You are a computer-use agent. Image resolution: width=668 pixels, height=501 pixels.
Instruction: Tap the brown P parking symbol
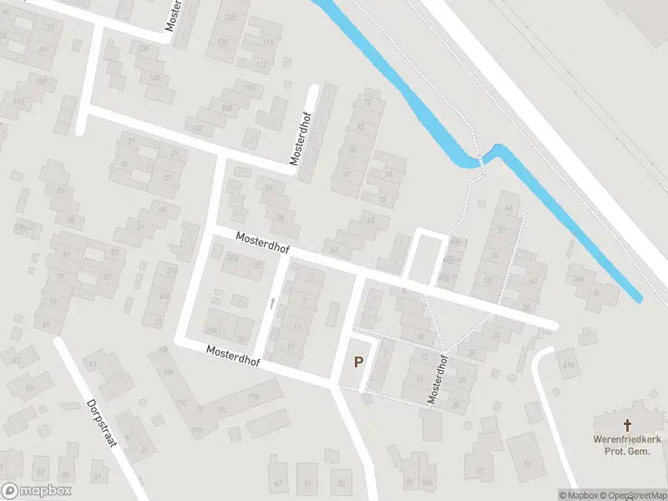point(359,362)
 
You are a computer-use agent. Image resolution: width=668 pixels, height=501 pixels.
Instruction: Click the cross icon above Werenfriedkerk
point(628,426)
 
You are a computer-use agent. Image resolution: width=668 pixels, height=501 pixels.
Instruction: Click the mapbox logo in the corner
point(37,491)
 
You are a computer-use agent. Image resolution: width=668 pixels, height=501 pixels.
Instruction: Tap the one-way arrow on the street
point(271,303)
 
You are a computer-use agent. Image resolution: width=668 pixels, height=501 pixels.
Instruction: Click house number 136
point(143,48)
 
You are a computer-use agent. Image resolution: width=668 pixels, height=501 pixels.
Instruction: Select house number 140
point(154,78)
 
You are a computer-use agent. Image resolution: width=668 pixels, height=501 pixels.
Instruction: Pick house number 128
point(230,17)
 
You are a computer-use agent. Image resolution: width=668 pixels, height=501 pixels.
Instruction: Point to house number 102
point(198,129)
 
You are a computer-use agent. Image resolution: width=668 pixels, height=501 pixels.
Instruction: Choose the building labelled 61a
point(569,365)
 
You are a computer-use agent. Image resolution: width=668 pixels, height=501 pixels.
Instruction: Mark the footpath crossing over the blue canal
point(482,158)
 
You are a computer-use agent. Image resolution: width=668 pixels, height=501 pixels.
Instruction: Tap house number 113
point(18,102)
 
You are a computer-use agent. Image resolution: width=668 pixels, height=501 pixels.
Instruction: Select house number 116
point(268,43)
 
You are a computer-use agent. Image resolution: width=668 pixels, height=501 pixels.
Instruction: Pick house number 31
point(133,141)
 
